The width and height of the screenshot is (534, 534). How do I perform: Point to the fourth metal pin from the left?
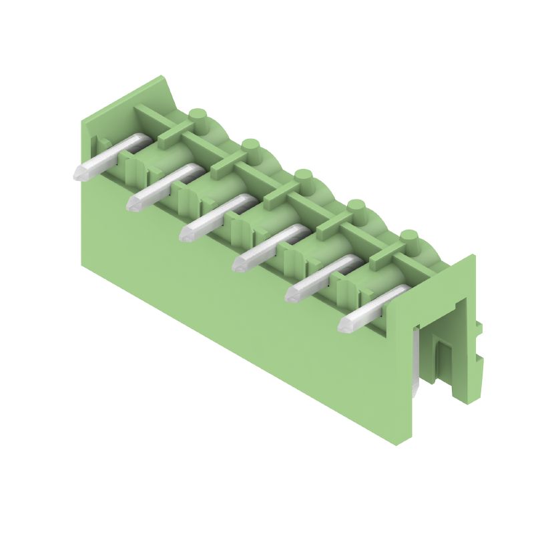point(260,245)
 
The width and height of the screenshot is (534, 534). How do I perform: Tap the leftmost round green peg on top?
point(196,117)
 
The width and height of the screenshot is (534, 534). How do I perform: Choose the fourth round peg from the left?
point(356,207)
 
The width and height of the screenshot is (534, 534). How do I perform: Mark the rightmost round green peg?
point(409,237)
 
